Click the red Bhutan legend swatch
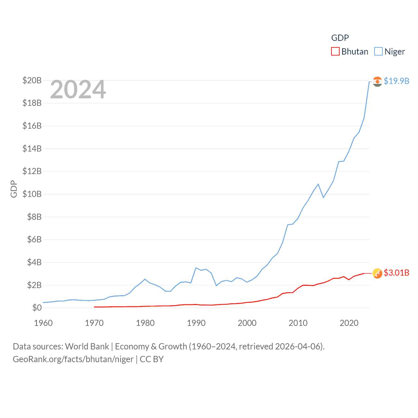335,52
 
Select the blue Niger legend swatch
378,52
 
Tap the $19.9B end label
396,81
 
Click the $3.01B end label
396,273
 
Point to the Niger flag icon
377,81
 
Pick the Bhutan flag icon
377,273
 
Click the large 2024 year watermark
78,89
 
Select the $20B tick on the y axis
32,80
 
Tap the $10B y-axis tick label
32,194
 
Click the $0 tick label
37,308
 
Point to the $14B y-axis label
32,149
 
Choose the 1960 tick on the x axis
43,323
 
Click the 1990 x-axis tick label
196,323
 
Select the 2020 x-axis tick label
349,323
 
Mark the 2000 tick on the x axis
247,323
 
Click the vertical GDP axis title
14,189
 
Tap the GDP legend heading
340,38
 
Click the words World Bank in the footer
87,346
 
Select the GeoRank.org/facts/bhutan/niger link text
73,359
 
